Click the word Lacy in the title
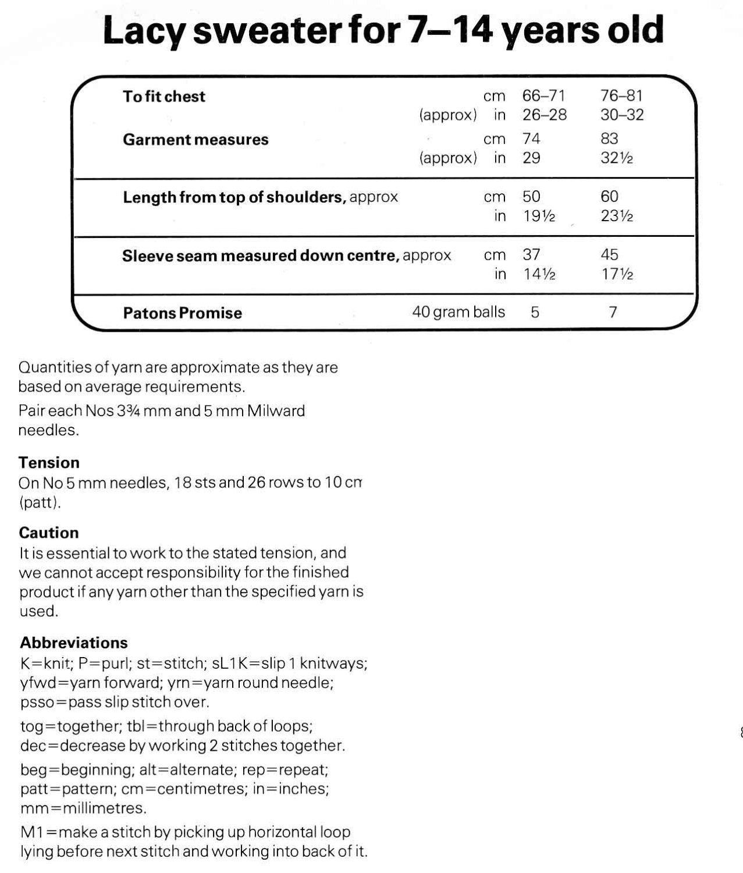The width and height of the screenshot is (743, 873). (143, 32)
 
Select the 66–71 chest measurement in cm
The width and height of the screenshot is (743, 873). (543, 95)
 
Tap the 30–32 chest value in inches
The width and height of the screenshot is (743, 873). (622, 115)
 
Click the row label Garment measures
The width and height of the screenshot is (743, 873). (195, 140)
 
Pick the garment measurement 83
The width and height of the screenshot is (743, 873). (609, 139)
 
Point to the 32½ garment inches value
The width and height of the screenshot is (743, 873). (617, 158)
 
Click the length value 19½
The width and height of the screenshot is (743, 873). (539, 216)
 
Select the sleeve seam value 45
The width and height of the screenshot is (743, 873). (609, 254)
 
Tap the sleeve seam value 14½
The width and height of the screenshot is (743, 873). (539, 274)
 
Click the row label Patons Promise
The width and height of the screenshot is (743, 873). (182, 313)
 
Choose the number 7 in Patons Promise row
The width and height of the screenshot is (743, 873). (613, 313)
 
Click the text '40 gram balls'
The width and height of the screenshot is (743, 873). (458, 312)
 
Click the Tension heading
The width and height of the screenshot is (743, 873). (49, 463)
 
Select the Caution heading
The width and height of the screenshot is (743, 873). (49, 533)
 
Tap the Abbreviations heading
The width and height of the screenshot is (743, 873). (74, 643)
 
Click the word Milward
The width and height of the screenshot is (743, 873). (276, 411)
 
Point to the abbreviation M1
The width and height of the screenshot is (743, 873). (30, 832)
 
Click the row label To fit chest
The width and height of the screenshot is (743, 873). (164, 97)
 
